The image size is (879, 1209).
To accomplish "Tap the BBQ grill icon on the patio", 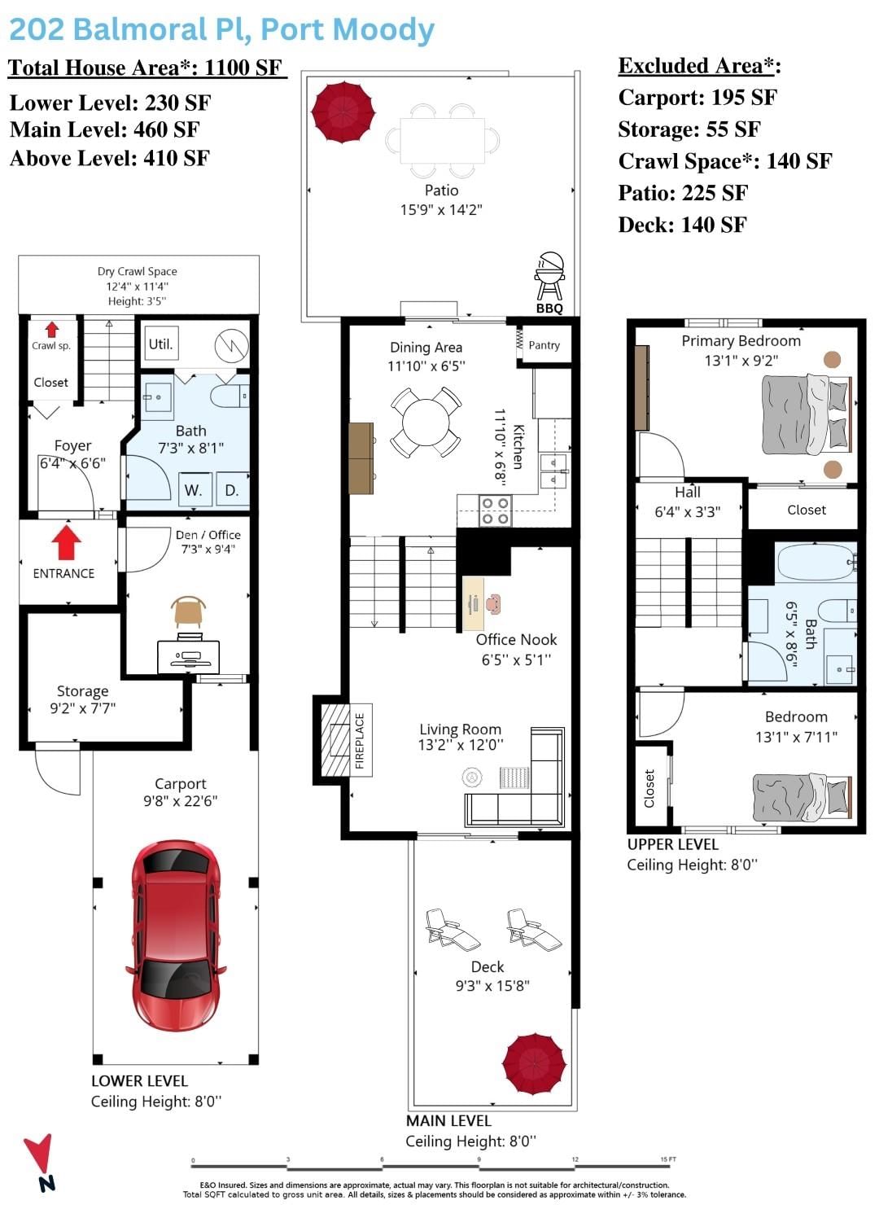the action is [x=549, y=275].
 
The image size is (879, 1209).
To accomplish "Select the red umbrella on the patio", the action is [x=343, y=112].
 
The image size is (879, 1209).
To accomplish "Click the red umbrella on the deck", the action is [x=534, y=1064].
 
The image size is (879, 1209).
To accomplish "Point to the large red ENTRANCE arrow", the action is [x=67, y=541].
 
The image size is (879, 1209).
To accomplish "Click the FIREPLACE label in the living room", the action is [x=360, y=741].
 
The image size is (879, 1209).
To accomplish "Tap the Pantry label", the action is [x=544, y=345].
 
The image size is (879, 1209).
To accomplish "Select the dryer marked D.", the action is [x=232, y=489].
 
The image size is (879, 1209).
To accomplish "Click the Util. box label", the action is [x=161, y=344].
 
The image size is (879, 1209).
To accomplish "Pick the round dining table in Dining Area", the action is [x=426, y=422].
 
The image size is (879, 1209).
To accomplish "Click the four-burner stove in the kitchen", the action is [x=495, y=511].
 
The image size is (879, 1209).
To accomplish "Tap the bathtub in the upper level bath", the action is [x=816, y=563].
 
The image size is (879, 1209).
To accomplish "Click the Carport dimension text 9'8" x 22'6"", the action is [x=180, y=800].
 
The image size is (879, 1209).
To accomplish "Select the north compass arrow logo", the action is [x=41, y=1162].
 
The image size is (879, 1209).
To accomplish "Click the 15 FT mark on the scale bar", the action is [x=668, y=1159].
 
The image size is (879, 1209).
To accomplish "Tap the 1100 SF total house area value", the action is [x=243, y=68].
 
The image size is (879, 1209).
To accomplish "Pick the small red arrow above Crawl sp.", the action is [x=51, y=329].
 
